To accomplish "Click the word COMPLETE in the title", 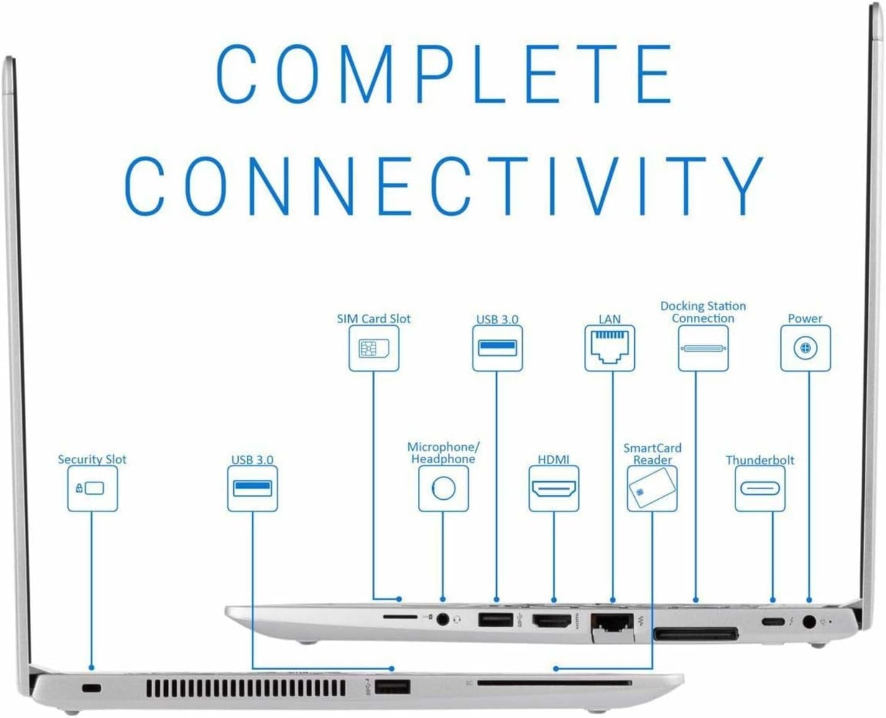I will click(444, 73).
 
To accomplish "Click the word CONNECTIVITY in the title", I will click(444, 185).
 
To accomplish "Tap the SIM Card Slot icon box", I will click(374, 349).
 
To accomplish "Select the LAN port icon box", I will click(609, 349).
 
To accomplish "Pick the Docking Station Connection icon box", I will click(703, 349).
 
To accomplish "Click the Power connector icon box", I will click(805, 349).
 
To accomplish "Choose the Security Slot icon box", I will click(92, 489).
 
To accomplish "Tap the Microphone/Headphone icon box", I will click(443, 489).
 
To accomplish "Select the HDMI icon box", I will click(553, 489).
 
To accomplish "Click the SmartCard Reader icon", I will click(652, 489).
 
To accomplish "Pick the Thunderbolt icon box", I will click(760, 489).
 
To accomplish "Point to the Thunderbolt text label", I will click(760, 460).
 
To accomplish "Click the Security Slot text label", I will click(92, 459).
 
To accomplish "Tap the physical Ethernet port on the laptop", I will click(612, 623).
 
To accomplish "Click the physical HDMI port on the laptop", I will click(552, 621).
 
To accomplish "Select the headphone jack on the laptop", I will click(443, 619).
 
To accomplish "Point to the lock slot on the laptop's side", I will click(92, 688).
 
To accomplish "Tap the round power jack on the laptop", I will click(809, 621).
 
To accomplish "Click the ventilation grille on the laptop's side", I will click(246, 688).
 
